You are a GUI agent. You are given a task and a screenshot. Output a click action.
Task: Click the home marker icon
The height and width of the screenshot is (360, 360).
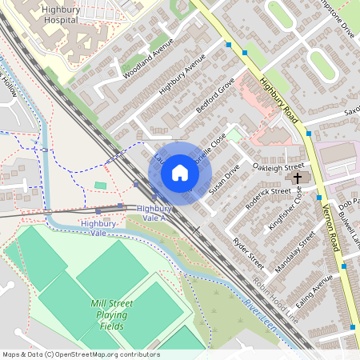pyautogui.click(x=180, y=173)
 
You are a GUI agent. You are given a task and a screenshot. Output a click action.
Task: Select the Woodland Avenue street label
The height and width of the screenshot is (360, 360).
pyautogui.click(x=147, y=61)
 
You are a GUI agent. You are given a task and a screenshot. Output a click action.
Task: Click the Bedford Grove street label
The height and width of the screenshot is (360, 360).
pyautogui.click(x=214, y=97)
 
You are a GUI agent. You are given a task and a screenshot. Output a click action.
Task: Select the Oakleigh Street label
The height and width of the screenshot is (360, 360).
pyautogui.click(x=278, y=165)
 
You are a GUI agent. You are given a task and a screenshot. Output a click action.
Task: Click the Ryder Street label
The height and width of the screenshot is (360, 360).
pyautogui.click(x=247, y=252)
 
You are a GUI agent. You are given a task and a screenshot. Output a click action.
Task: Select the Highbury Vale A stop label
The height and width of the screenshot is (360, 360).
pyautogui.click(x=152, y=213)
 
